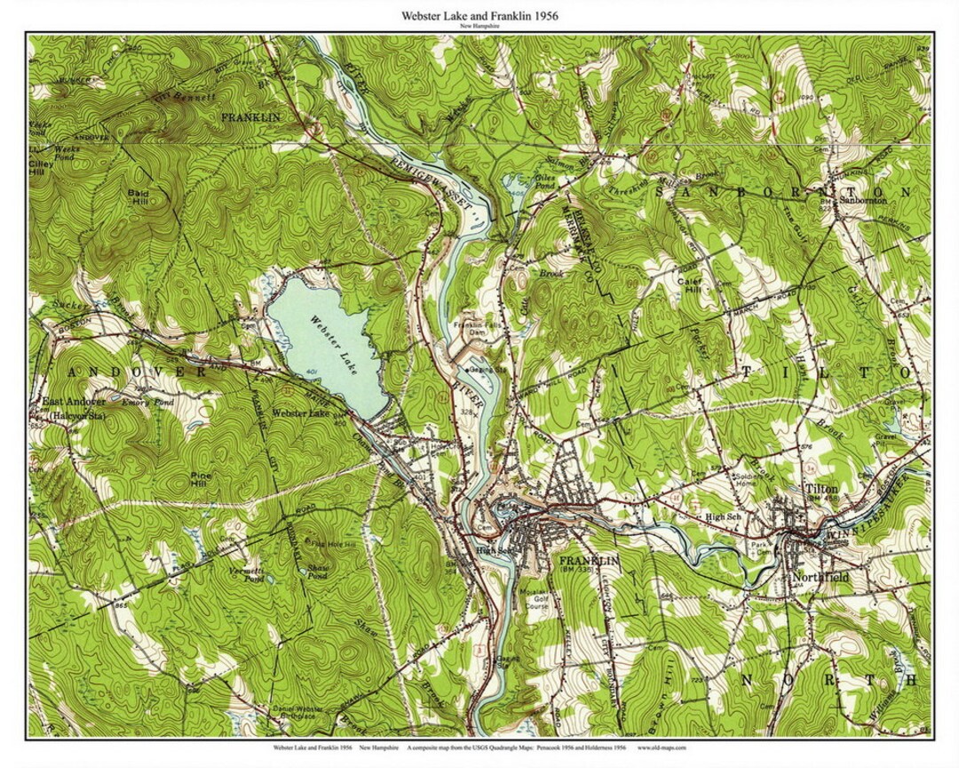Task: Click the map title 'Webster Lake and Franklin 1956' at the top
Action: pos(479,15)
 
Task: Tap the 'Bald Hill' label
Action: pos(138,196)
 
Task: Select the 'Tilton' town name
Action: pos(820,490)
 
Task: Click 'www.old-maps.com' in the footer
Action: pos(662,748)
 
